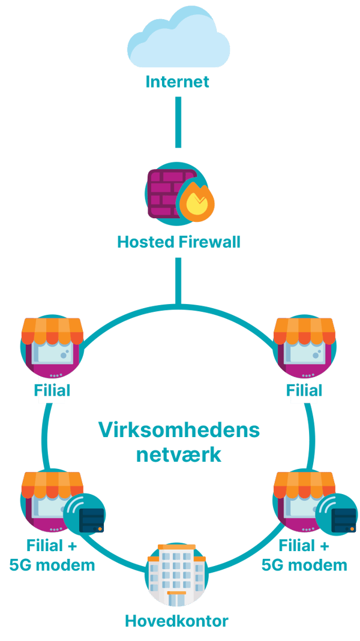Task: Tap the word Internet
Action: (x=178, y=81)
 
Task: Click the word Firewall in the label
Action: (x=208, y=243)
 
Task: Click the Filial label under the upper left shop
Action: (x=52, y=390)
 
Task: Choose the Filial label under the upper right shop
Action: (x=304, y=390)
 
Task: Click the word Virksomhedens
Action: (x=178, y=430)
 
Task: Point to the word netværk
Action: (x=178, y=454)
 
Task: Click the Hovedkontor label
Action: (x=176, y=621)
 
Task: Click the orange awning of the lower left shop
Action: (x=52, y=483)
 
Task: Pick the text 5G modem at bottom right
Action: (x=304, y=565)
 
